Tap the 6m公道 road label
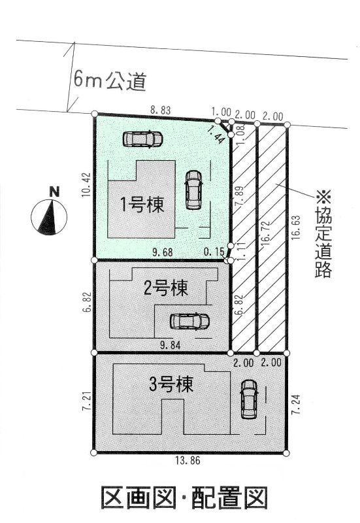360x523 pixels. [x=110, y=81]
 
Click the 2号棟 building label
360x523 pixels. [x=166, y=288]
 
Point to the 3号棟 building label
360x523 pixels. [x=171, y=384]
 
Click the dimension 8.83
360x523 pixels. [x=161, y=110]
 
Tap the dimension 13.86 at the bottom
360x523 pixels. [x=188, y=461]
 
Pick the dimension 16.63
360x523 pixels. [x=297, y=227]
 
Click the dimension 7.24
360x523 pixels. [x=297, y=404]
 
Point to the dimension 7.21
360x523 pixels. [x=87, y=403]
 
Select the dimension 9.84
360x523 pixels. [x=171, y=346]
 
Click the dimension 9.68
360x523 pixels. [x=163, y=252]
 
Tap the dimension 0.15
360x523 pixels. [x=214, y=252]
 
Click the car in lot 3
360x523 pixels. [x=250, y=399]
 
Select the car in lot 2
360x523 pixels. [x=189, y=321]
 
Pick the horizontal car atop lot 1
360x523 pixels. [x=142, y=139]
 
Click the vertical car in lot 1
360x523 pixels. [x=193, y=190]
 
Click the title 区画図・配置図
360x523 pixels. [x=184, y=498]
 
